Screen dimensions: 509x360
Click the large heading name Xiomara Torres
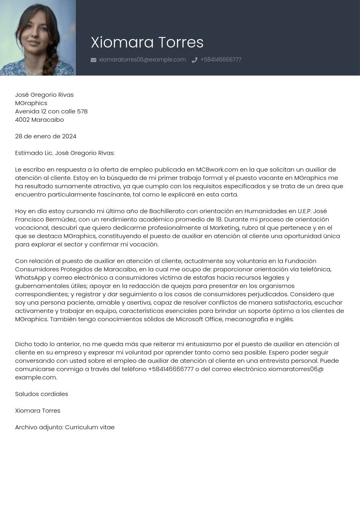[x=147, y=42]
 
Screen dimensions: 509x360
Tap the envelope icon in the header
[x=94, y=60]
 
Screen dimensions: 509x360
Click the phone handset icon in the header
[x=195, y=60]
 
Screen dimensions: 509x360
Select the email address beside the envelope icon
[x=142, y=60]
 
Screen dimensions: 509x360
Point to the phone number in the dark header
[x=221, y=60]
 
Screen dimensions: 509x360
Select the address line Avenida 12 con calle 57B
[x=51, y=111]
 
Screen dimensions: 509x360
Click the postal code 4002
[x=22, y=120]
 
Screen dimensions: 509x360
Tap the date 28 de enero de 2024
[x=46, y=136]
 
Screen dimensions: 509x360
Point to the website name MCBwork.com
[x=217, y=170]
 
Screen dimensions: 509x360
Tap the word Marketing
[x=225, y=228]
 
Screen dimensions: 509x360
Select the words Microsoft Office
[x=199, y=319]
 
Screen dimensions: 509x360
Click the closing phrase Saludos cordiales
[x=42, y=394]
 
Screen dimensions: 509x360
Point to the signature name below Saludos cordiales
[x=37, y=411]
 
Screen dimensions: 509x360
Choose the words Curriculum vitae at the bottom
[x=89, y=427]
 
